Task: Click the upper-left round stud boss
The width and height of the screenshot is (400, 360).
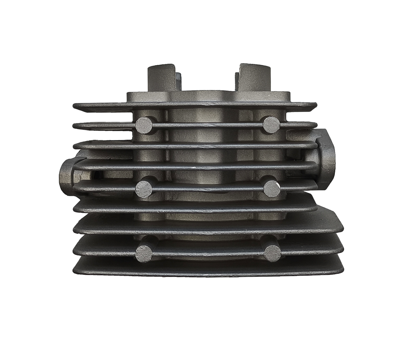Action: tap(144, 126)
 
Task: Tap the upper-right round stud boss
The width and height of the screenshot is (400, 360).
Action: tap(271, 125)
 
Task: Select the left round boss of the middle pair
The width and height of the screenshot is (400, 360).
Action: tap(144, 189)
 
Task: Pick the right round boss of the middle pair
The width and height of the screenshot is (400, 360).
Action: tap(272, 188)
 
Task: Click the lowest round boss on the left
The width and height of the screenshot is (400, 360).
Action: tap(144, 254)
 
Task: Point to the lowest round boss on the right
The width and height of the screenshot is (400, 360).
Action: tap(272, 253)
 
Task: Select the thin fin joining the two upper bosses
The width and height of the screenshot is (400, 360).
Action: tap(208, 125)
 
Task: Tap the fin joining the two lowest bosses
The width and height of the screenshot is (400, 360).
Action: tap(208, 253)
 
